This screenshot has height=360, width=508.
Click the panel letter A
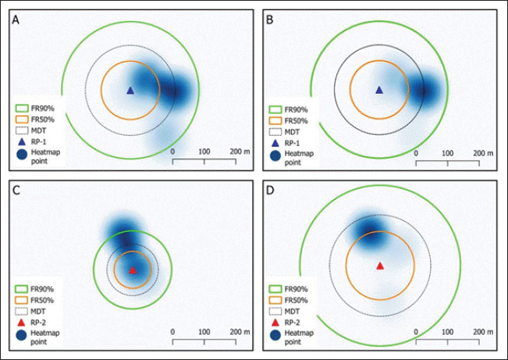click(x=16, y=20)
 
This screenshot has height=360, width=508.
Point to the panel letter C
click(x=16, y=191)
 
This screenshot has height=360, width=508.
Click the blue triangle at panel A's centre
click(x=130, y=90)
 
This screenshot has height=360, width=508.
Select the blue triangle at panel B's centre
click(x=379, y=90)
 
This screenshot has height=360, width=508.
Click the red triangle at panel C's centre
click(x=133, y=270)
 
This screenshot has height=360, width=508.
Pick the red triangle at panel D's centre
click(x=380, y=266)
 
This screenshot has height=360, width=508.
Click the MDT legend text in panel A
click(x=45, y=132)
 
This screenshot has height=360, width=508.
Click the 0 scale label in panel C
click(x=172, y=332)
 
